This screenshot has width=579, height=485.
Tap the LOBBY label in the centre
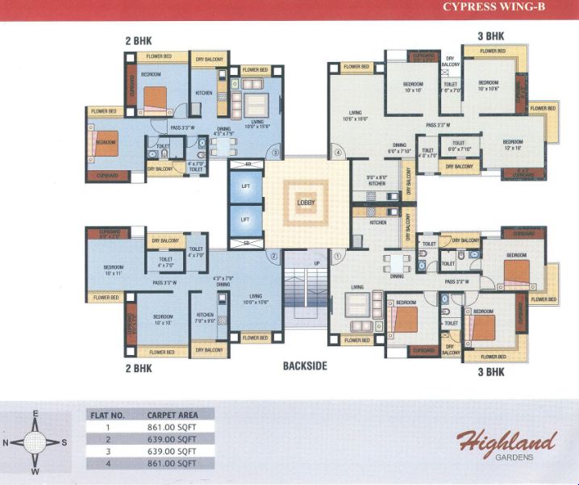pos(305,203)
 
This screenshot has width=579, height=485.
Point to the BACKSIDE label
pos(305,366)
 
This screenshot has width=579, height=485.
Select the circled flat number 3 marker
pos(275,152)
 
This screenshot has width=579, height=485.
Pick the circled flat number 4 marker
pos(339,152)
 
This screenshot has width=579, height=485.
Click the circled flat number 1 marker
pos(338,257)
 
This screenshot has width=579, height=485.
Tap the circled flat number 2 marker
pos(275,257)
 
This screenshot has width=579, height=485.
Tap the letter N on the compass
pos(6,443)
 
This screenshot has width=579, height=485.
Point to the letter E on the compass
pos(35,414)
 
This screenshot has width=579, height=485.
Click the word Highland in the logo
pos(506,442)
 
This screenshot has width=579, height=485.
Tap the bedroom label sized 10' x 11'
pos(113,270)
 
